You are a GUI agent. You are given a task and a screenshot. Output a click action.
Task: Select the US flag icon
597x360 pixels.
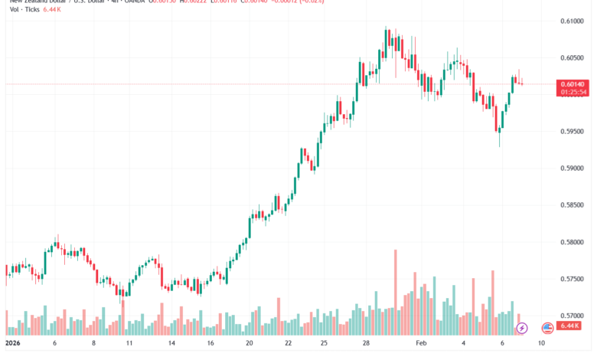pos(547,328)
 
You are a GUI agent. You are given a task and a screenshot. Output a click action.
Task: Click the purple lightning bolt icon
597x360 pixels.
pos(522,328)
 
